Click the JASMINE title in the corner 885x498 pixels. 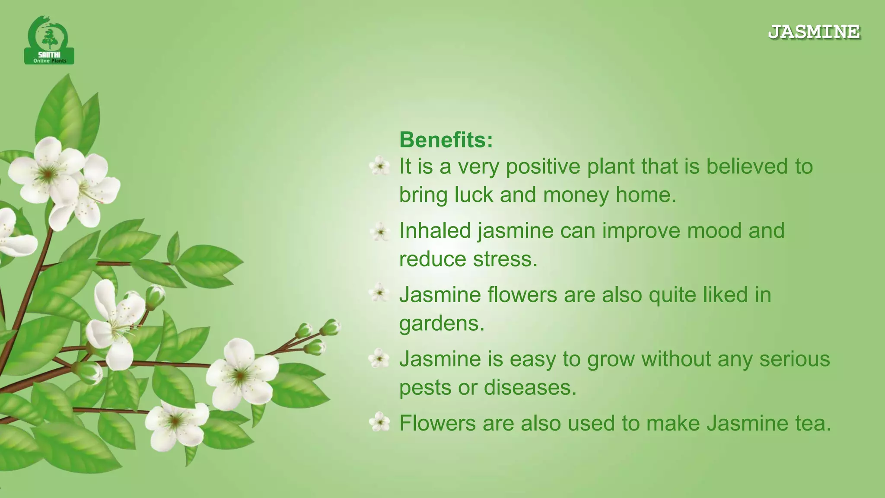point(814,32)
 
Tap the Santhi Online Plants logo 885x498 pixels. point(49,41)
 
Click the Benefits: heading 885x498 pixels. point(446,140)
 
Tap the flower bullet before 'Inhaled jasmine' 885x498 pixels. point(380,232)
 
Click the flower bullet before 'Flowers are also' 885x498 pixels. point(380,422)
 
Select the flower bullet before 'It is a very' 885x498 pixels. point(380,166)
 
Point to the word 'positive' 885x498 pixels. point(543,167)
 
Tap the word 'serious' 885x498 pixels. point(794,359)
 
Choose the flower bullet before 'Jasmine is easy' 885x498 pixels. point(379,358)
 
